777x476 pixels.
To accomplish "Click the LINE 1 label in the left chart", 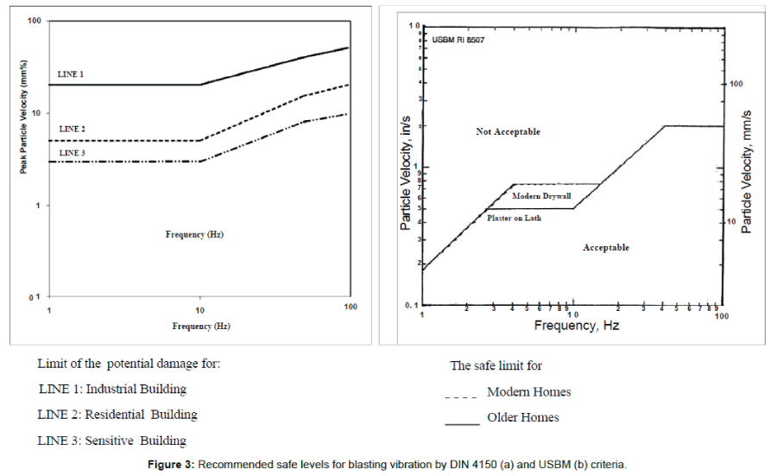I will (x=70, y=74).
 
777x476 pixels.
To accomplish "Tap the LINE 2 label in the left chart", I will (x=70, y=129).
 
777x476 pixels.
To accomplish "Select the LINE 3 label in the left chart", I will (x=70, y=152).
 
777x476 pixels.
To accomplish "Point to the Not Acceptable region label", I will (x=508, y=132).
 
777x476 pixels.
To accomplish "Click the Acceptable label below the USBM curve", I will (x=606, y=248).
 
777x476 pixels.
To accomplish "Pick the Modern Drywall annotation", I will (x=541, y=197).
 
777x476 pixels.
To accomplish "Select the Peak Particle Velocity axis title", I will (x=27, y=116).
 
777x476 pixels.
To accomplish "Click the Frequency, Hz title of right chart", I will (x=576, y=326).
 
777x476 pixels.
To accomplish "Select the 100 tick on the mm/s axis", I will (x=736, y=85).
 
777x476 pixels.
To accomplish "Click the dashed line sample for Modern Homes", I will (x=460, y=397).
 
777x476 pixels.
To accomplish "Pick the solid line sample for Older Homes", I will (x=462, y=423).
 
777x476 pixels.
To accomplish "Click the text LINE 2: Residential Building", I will (x=117, y=415).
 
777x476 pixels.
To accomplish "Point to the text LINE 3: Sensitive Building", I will (x=112, y=441).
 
